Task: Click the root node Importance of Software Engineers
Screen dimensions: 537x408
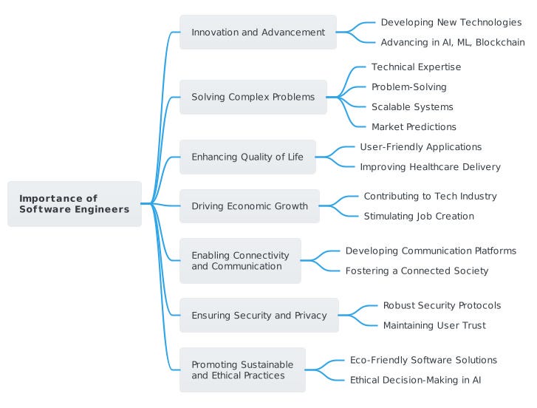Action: click(x=75, y=204)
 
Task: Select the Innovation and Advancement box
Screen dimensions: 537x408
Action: click(x=258, y=32)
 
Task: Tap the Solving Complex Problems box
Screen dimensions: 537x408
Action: click(x=253, y=97)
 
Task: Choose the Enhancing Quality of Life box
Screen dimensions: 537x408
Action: click(x=247, y=157)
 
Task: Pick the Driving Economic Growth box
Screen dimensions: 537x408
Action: click(x=250, y=206)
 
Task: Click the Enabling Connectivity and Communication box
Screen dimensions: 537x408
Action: click(x=240, y=261)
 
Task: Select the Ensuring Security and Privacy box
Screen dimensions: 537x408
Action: click(x=259, y=315)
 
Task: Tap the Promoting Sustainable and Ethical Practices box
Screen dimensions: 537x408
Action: click(x=242, y=370)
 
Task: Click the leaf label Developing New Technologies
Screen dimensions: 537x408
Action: click(x=451, y=22)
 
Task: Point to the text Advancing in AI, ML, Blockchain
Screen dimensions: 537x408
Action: click(x=453, y=42)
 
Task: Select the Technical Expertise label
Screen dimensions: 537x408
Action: click(x=416, y=67)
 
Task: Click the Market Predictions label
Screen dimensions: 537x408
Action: click(x=414, y=126)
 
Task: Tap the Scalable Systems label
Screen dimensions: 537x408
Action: click(x=412, y=107)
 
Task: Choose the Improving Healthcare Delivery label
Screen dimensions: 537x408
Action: click(x=430, y=167)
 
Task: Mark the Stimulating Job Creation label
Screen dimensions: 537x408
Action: click(x=419, y=216)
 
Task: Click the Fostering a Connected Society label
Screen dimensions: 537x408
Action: click(x=417, y=271)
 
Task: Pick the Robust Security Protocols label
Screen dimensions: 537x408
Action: click(x=442, y=305)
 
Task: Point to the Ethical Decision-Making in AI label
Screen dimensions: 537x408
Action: click(x=415, y=380)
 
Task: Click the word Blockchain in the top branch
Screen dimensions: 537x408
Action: click(x=500, y=42)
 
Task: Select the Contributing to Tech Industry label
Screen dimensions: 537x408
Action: click(x=430, y=197)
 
